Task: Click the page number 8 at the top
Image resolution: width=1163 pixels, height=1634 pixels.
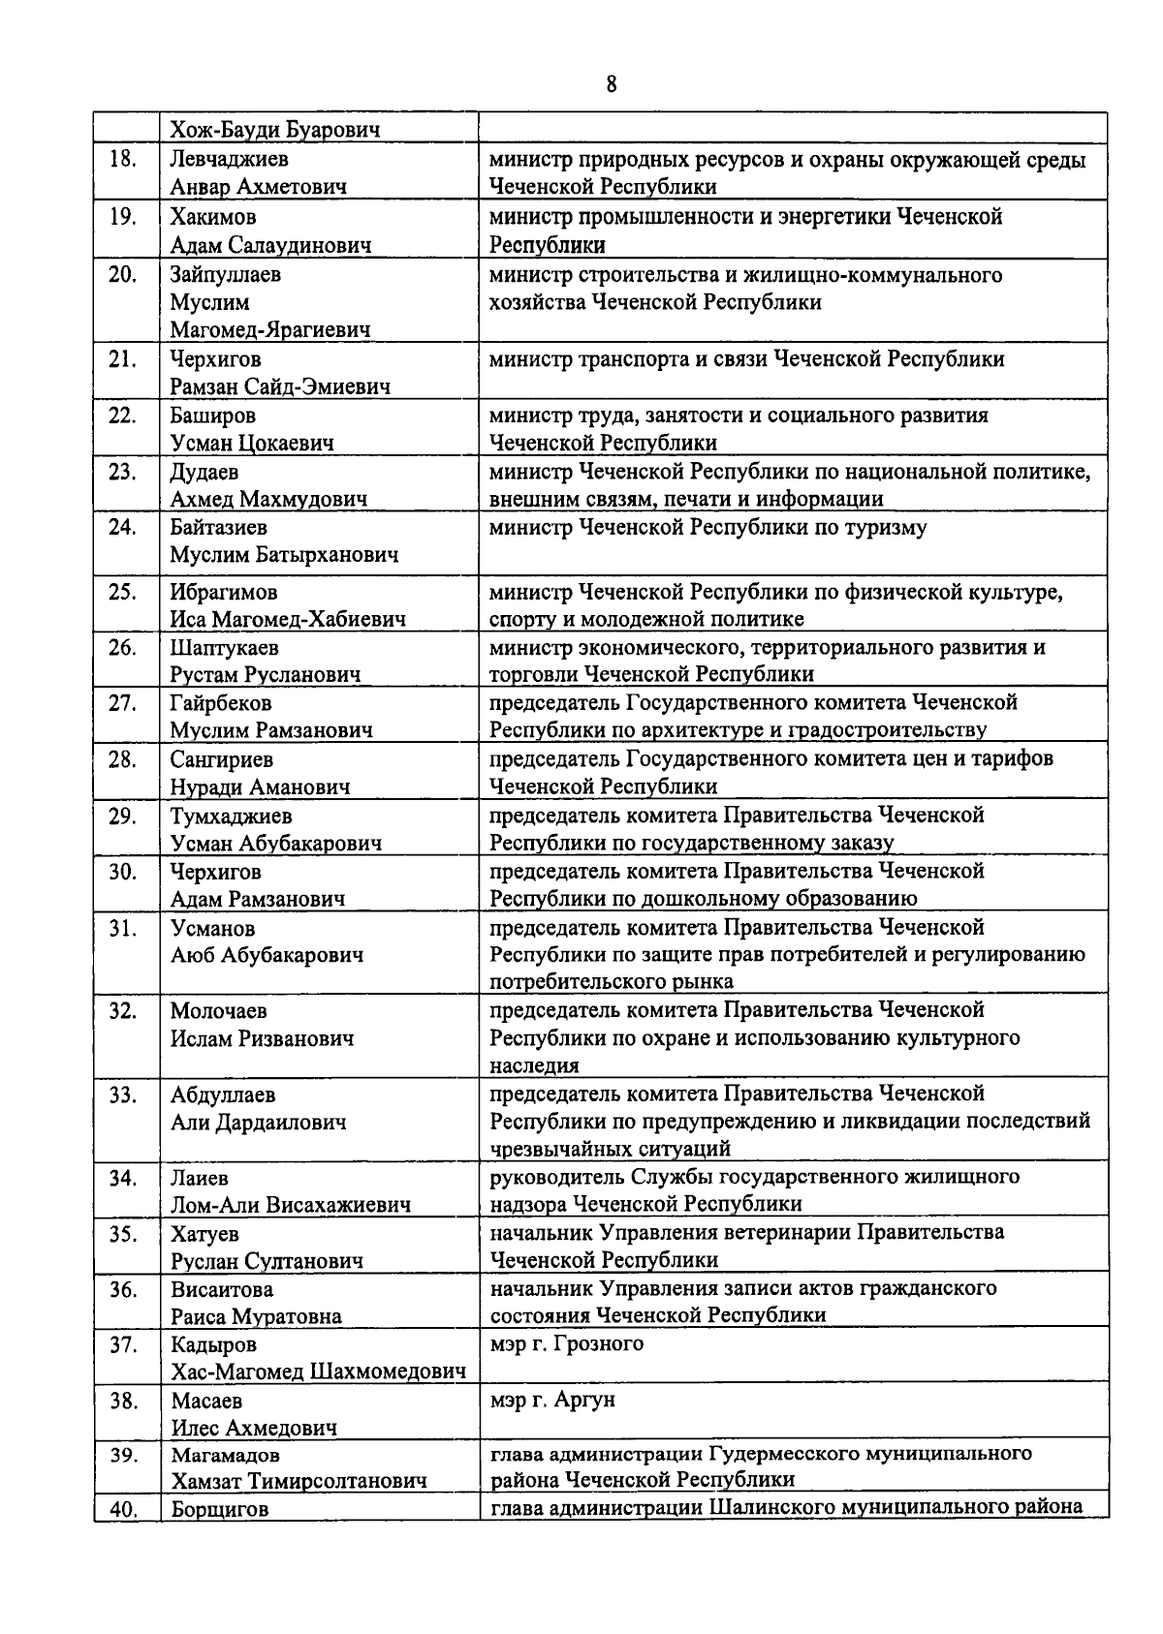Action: pyautogui.click(x=611, y=84)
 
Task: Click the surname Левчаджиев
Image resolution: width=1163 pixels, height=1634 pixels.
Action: pyautogui.click(x=230, y=159)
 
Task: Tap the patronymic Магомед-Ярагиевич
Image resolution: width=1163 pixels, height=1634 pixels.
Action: pyautogui.click(x=270, y=330)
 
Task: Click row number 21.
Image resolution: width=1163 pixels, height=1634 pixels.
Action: pyautogui.click(x=122, y=359)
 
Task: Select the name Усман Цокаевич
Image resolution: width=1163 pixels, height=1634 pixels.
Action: pyautogui.click(x=252, y=444)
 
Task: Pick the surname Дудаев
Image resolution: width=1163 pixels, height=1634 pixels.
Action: pyautogui.click(x=204, y=472)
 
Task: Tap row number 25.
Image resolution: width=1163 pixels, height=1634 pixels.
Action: pyautogui.click(x=122, y=592)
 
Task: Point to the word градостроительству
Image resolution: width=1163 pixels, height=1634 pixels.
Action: pyautogui.click(x=886, y=730)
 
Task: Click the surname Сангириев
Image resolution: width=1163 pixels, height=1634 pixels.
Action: pyautogui.click(x=222, y=759)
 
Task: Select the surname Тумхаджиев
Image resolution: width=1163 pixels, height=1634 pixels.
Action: pyautogui.click(x=232, y=816)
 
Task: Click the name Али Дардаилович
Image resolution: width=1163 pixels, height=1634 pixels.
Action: pyautogui.click(x=259, y=1123)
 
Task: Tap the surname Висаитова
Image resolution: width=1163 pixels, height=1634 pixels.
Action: pyautogui.click(x=222, y=1290)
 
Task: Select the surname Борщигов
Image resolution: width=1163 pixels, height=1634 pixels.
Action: pyautogui.click(x=219, y=1509)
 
